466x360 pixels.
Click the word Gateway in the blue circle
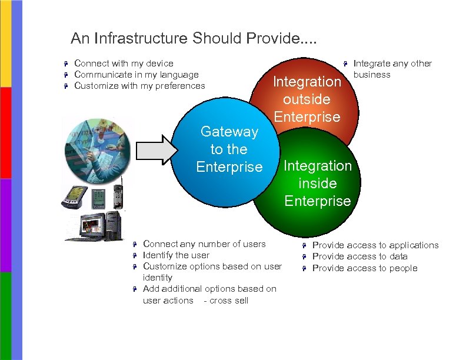(x=229, y=132)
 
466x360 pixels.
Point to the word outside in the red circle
(x=307, y=99)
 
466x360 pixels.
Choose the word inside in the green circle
(x=317, y=183)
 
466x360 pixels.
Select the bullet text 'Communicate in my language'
(x=137, y=75)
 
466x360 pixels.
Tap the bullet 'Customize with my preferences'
(x=139, y=86)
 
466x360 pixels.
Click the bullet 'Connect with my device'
(x=124, y=64)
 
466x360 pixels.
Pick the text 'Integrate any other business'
(x=392, y=69)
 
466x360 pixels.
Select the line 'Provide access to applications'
(x=375, y=245)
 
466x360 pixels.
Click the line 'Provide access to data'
(x=360, y=256)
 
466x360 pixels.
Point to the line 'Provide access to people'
(x=364, y=268)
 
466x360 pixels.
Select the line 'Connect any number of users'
(x=204, y=244)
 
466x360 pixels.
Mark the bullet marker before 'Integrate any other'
(x=347, y=64)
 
